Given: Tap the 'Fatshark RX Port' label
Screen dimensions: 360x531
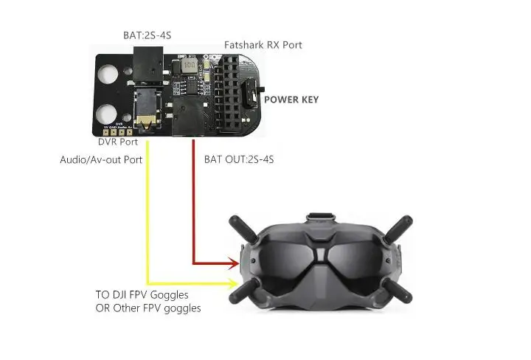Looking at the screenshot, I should (263, 45).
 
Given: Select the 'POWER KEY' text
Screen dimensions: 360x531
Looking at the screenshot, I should (291, 100).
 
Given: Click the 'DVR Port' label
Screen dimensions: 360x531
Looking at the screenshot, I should (117, 142).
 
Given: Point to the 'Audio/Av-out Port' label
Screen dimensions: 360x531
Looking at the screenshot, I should (101, 159).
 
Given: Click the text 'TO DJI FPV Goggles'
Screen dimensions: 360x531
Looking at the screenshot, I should (142, 294).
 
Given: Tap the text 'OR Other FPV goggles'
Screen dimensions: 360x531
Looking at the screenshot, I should (148, 308).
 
